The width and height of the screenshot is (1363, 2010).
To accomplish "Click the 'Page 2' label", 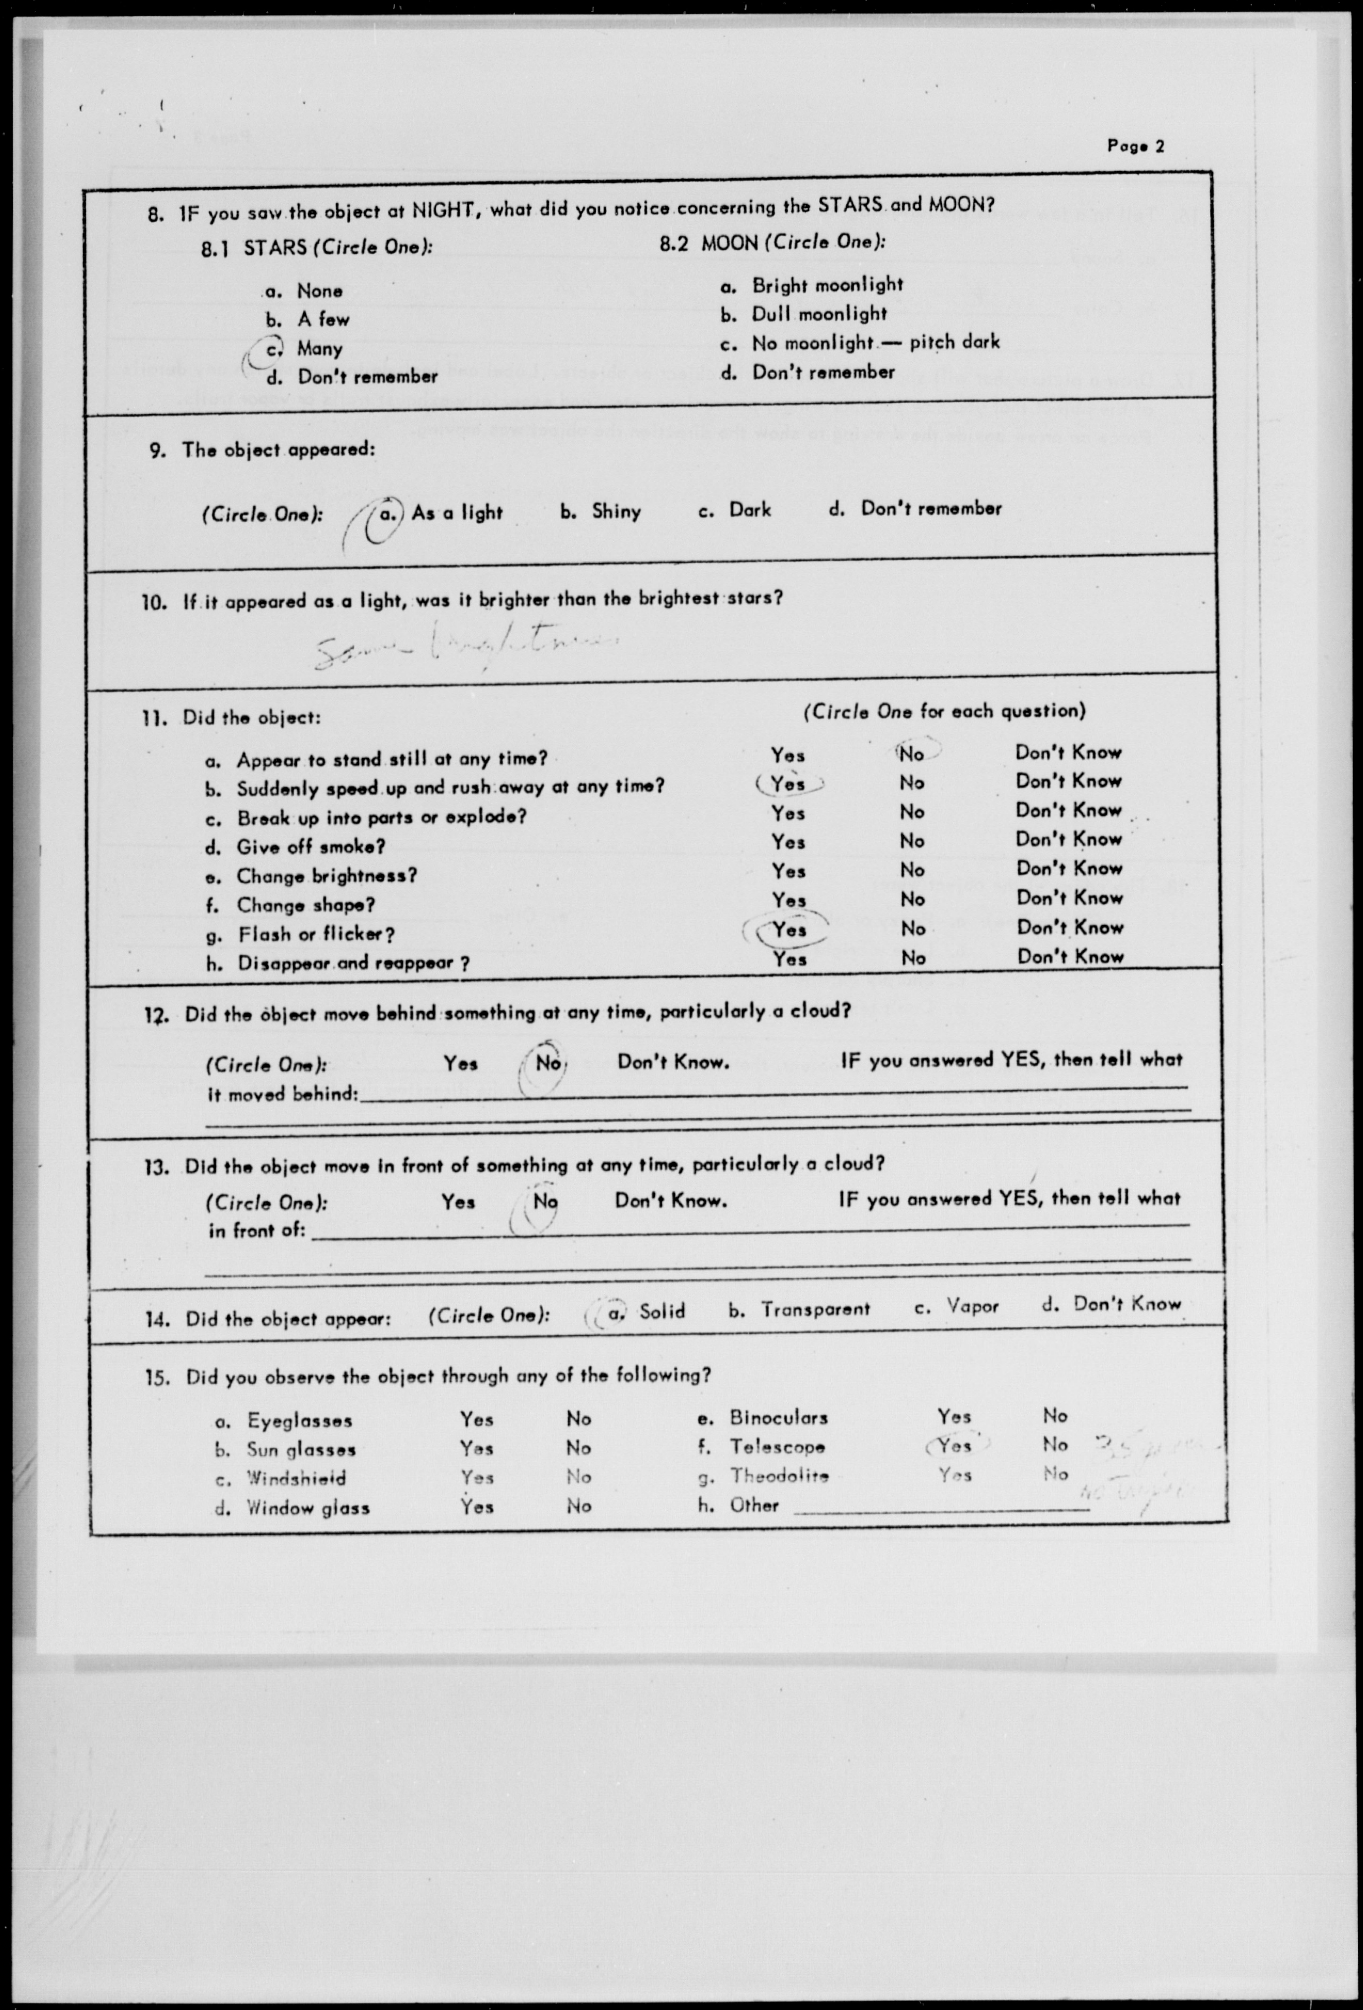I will pos(1135,146).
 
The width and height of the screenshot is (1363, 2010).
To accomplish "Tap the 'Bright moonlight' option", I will pos(826,285).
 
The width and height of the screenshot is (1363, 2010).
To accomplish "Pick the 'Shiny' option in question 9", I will pos(616,511).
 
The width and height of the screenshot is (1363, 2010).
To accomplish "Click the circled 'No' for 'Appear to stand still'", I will pos(912,753).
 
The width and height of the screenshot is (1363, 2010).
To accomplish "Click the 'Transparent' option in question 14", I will pos(815,1309).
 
